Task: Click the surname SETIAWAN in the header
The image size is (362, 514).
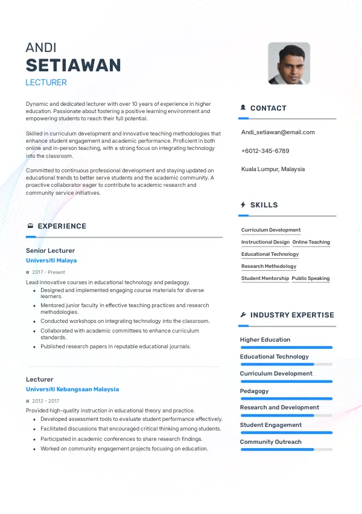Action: pyautogui.click(x=73, y=65)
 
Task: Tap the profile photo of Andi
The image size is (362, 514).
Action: pyautogui.click(x=289, y=63)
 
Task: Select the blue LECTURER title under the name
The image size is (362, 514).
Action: pyautogui.click(x=46, y=82)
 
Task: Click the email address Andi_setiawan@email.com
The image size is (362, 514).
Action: pyautogui.click(x=278, y=132)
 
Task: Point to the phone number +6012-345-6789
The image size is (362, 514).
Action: pyautogui.click(x=265, y=151)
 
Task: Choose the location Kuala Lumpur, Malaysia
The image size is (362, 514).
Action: pyautogui.click(x=273, y=169)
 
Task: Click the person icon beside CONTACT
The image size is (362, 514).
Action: pyautogui.click(x=243, y=108)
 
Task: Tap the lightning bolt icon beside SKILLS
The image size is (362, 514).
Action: pyautogui.click(x=243, y=205)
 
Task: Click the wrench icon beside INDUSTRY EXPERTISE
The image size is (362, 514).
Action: pyautogui.click(x=243, y=315)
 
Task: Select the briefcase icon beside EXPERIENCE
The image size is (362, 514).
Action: pyautogui.click(x=30, y=226)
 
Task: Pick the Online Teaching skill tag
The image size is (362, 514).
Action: pyautogui.click(x=311, y=242)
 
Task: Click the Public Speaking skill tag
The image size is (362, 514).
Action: pyautogui.click(x=311, y=278)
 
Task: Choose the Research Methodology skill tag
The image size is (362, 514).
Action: pyautogui.click(x=268, y=266)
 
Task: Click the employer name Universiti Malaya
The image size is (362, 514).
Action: pyautogui.click(x=51, y=261)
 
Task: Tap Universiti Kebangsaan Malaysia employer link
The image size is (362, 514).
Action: pyautogui.click(x=72, y=389)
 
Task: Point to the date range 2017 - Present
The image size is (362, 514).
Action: pyautogui.click(x=48, y=273)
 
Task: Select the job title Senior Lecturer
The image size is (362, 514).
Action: pyautogui.click(x=50, y=250)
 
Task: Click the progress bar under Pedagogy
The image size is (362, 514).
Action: pyautogui.click(x=286, y=399)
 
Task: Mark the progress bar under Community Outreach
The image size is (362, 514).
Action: pyautogui.click(x=286, y=449)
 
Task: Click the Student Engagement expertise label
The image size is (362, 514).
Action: pyautogui.click(x=270, y=425)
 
